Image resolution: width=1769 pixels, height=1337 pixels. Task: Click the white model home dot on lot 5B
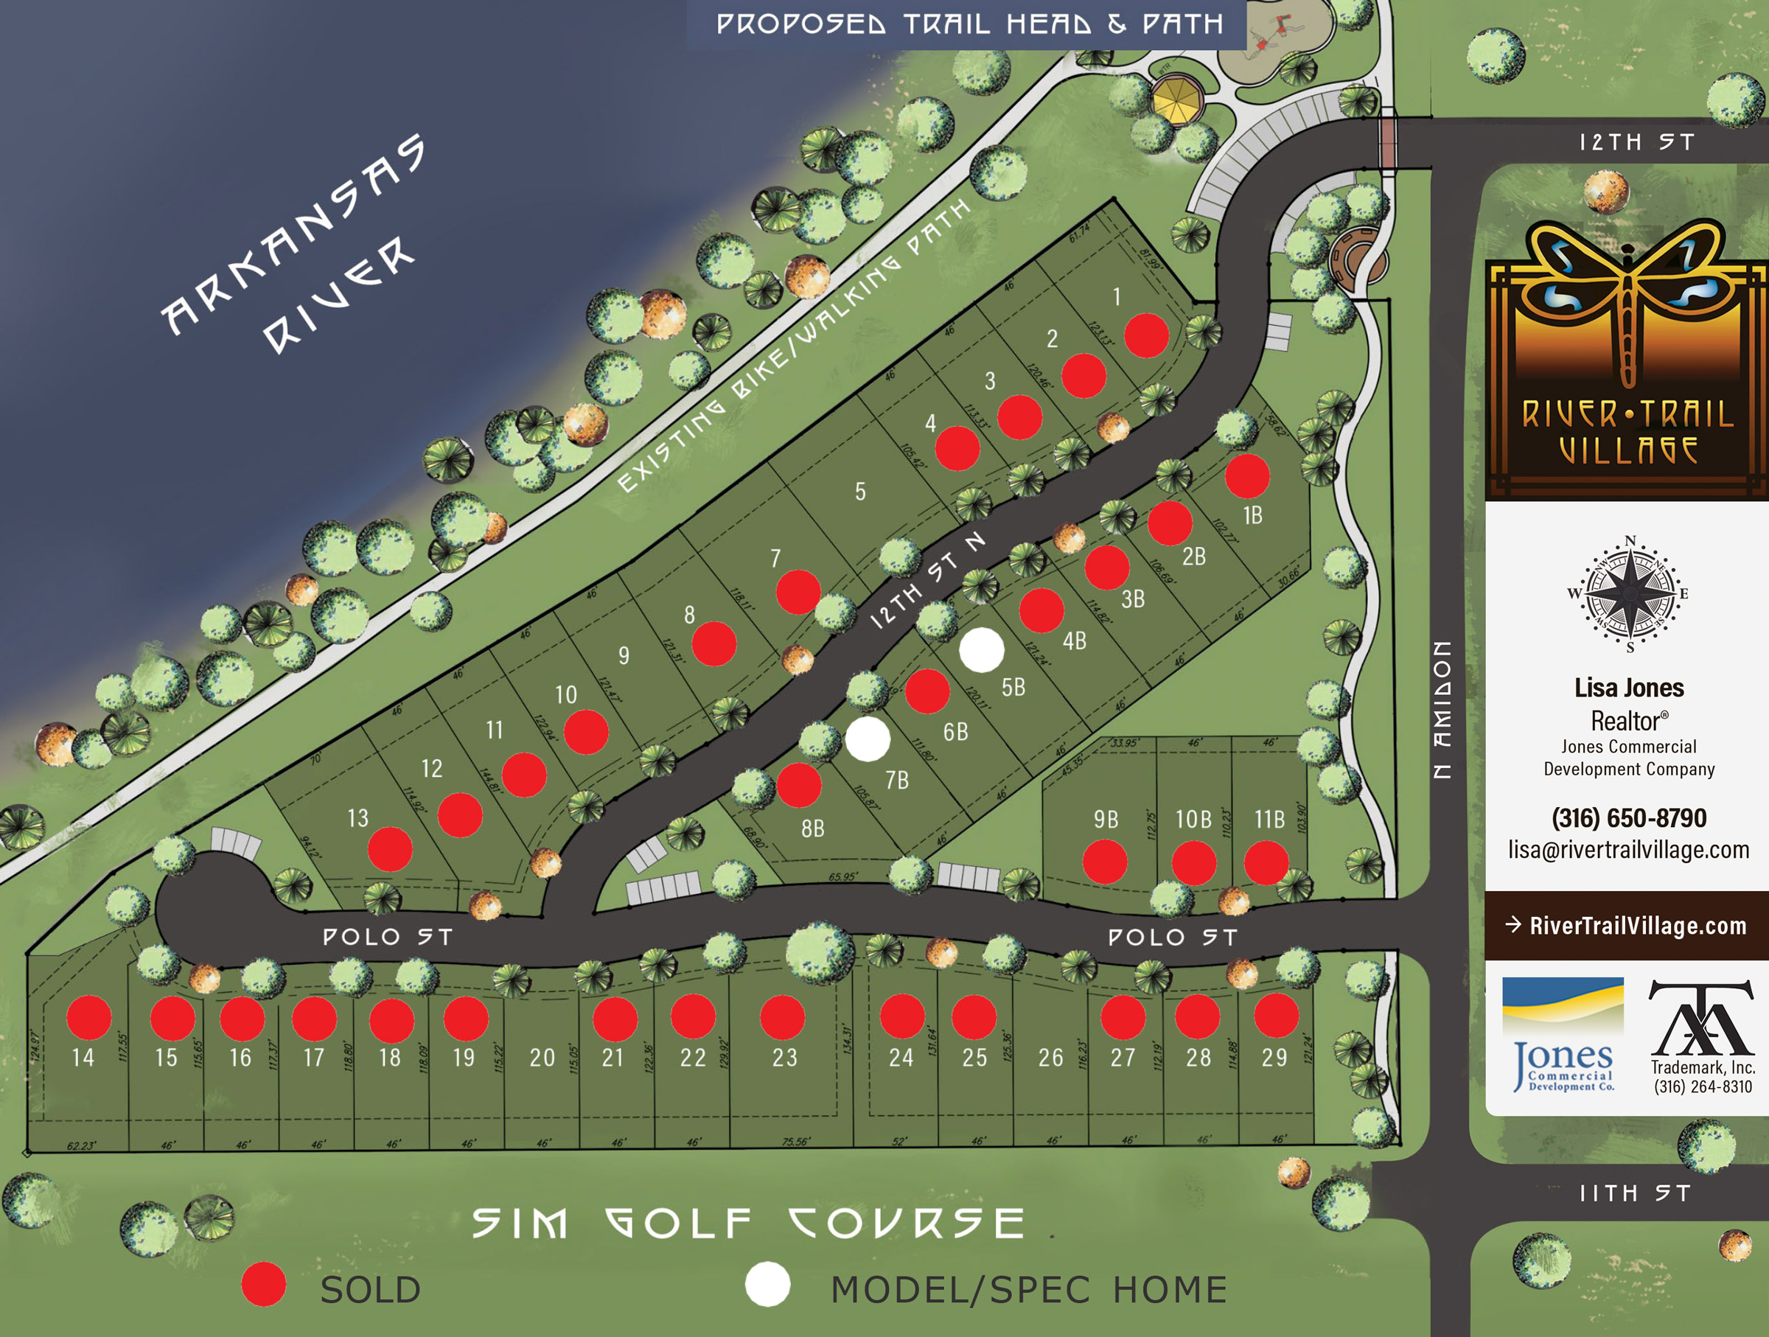(981, 649)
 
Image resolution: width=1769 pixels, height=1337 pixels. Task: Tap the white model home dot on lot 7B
(868, 738)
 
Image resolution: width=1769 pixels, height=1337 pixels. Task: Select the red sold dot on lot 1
(1146, 335)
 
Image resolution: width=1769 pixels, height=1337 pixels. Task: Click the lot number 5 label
(859, 491)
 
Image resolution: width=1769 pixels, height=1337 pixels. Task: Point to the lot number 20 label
(542, 1058)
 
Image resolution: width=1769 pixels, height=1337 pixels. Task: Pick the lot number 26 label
(1051, 1058)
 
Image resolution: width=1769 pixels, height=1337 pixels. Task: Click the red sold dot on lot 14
(88, 1017)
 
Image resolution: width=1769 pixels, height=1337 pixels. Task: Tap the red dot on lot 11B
(1266, 863)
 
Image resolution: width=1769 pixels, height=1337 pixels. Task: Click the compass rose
(1630, 593)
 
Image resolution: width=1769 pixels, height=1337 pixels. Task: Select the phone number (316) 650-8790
(1629, 818)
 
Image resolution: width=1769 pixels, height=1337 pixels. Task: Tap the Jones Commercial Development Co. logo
(1563, 1036)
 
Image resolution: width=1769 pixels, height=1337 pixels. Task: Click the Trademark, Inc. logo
(1702, 1036)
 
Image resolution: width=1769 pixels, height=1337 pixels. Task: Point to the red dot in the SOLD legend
(264, 1284)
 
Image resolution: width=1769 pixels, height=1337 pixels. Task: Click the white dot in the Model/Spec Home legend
(768, 1284)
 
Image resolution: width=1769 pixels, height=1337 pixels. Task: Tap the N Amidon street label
(1441, 709)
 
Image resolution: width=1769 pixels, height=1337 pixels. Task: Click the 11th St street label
(1635, 1194)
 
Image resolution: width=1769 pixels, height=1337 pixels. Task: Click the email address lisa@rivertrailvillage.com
(1629, 849)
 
